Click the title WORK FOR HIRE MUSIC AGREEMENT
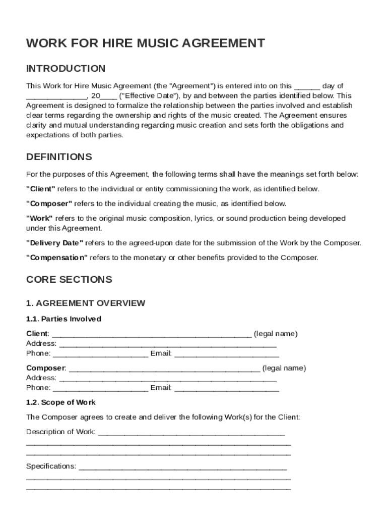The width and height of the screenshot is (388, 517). coord(145,43)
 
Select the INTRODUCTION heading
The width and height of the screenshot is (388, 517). coord(66,69)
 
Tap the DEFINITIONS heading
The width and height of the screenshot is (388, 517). coord(59,157)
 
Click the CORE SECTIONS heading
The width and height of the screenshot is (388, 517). coord(69,280)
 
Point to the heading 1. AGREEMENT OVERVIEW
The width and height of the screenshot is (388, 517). coord(86,303)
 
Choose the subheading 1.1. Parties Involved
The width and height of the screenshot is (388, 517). coord(63,319)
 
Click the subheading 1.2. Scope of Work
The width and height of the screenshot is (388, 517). coord(60,402)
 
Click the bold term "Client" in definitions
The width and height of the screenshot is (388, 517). coord(41,189)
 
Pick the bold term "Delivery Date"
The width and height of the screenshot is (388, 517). coord(54,243)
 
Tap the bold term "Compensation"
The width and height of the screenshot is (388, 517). coord(57,257)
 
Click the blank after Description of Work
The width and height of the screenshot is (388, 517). coord(191,433)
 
